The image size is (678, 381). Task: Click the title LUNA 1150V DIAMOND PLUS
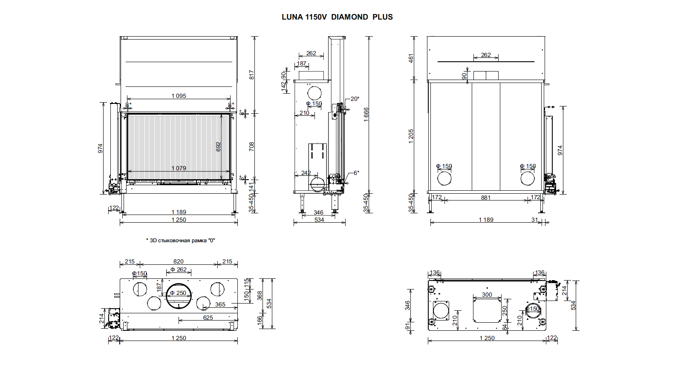point(337,17)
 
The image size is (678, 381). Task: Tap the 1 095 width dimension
point(179,96)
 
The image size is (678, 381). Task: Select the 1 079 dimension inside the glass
point(179,169)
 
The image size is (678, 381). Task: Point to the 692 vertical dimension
point(219,147)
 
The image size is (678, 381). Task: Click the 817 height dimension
point(251,75)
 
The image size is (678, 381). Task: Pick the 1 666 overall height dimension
point(366,115)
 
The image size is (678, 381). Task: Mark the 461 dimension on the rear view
point(411,58)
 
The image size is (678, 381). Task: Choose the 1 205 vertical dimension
point(411,136)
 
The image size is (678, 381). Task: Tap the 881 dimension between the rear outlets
point(486,198)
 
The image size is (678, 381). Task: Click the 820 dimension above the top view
point(179,262)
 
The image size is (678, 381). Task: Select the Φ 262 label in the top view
point(179,269)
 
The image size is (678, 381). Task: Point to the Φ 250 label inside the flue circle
point(178,293)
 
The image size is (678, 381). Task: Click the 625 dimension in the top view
point(208,318)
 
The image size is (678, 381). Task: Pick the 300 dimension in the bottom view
point(487,295)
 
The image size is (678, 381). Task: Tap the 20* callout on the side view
point(355,99)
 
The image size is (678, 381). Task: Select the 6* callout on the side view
point(356,173)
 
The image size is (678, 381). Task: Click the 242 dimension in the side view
point(306,173)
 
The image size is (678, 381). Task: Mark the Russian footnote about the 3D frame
point(180,241)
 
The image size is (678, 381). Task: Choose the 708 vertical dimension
point(251,147)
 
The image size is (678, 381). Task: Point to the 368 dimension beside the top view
point(260,295)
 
